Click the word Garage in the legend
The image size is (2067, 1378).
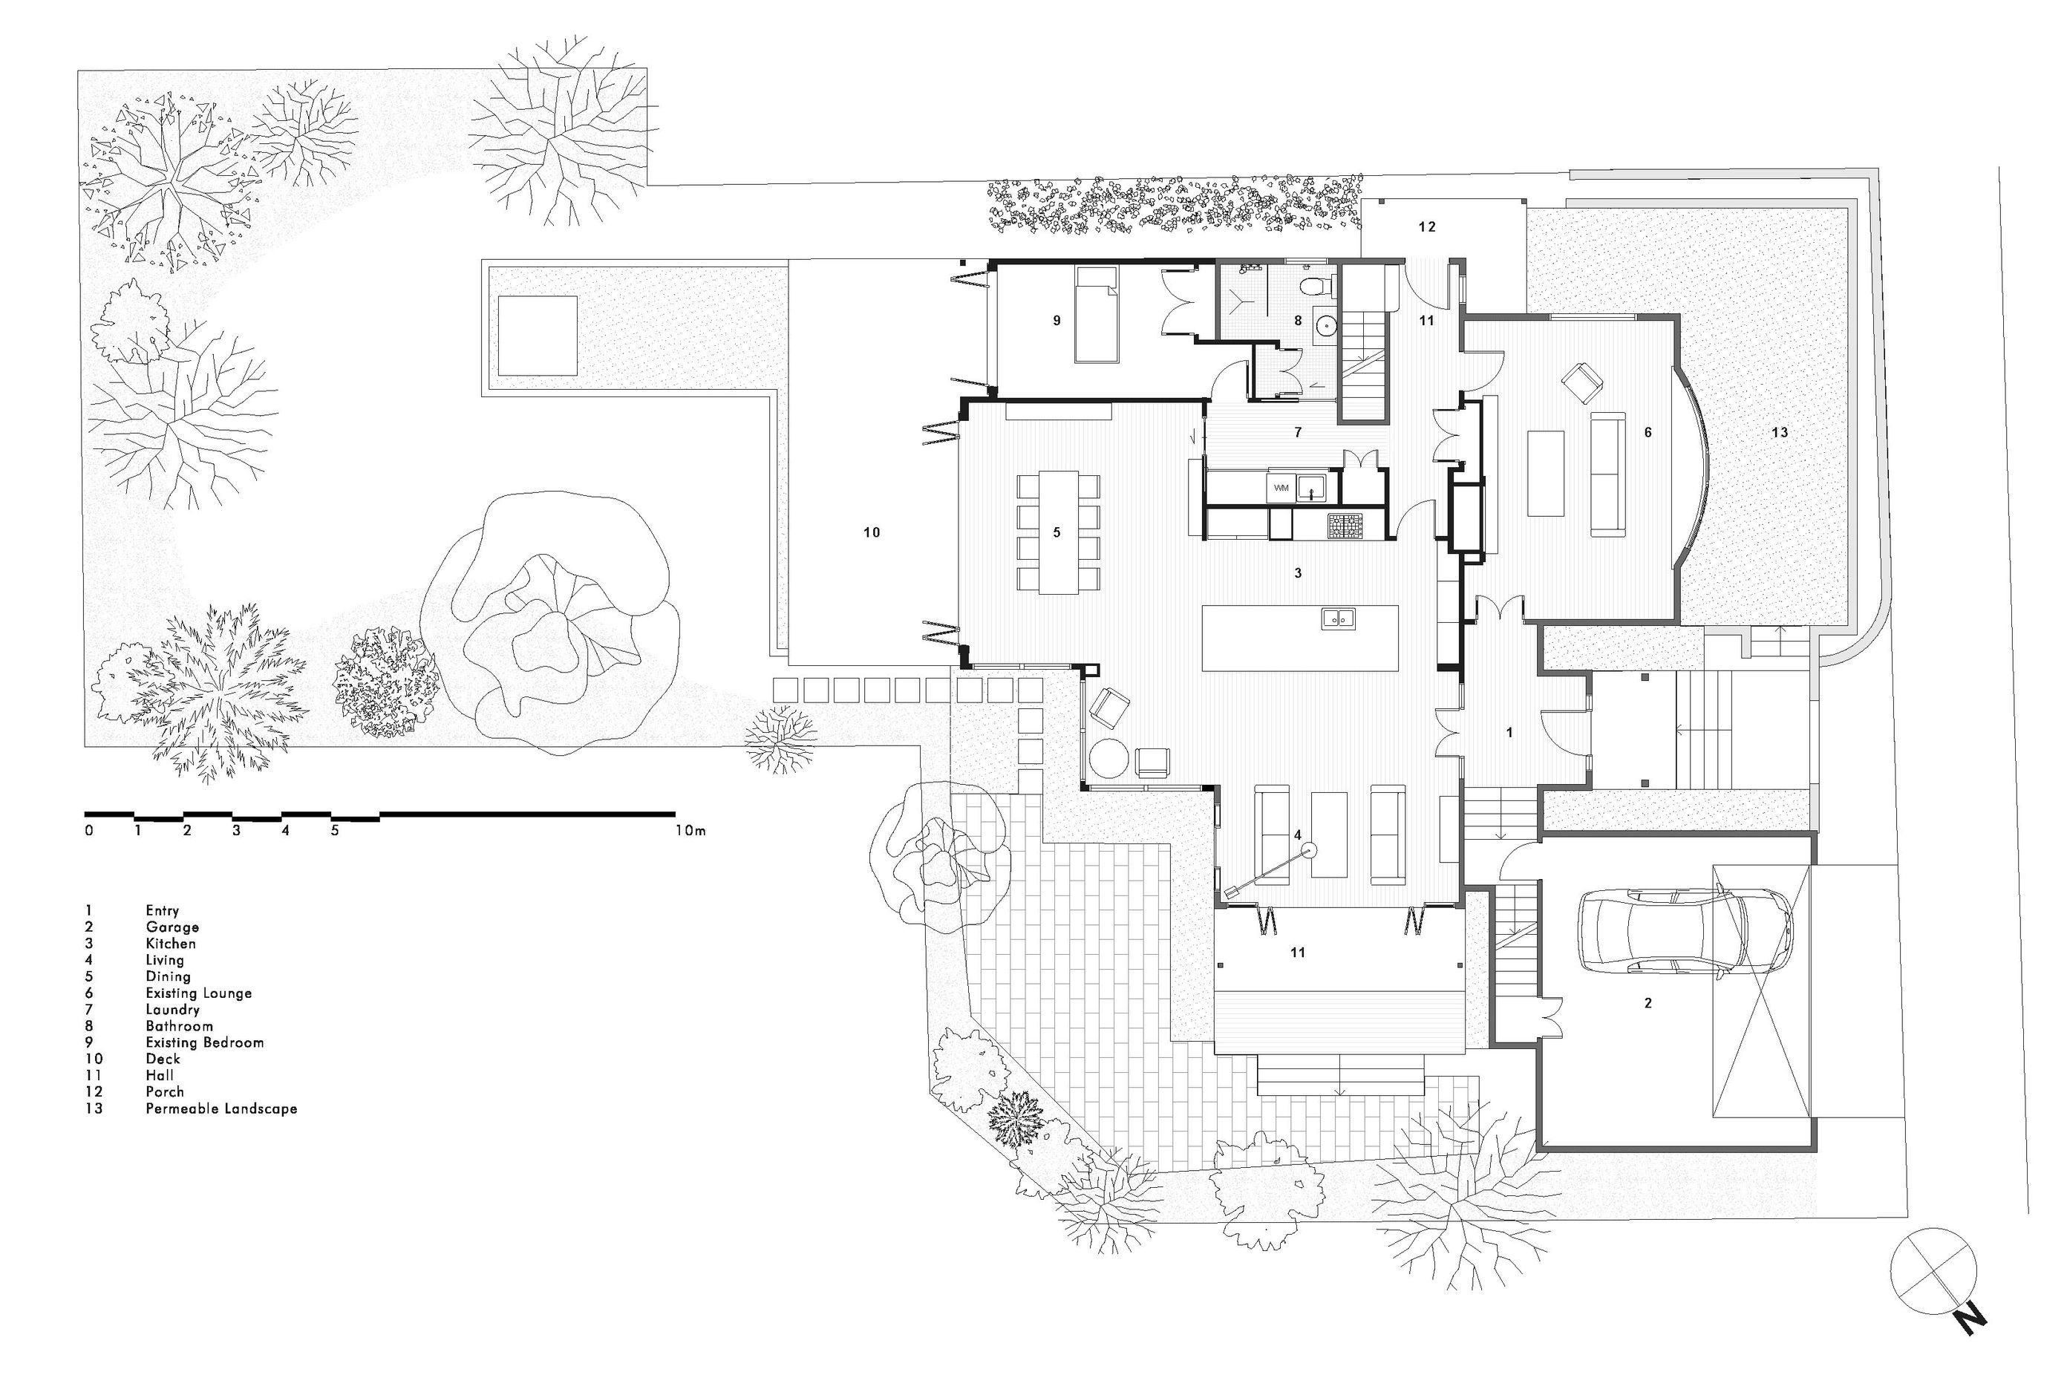click(x=172, y=927)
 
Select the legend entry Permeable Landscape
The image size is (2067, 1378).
click(x=221, y=1109)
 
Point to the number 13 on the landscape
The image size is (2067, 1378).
click(x=1780, y=432)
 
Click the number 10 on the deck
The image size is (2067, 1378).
click(x=871, y=532)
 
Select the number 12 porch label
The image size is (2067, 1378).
click(x=1427, y=226)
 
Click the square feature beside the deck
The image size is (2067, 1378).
click(x=537, y=335)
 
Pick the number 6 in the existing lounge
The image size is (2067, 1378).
click(x=1648, y=432)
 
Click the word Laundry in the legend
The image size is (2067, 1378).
click(x=172, y=1010)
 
